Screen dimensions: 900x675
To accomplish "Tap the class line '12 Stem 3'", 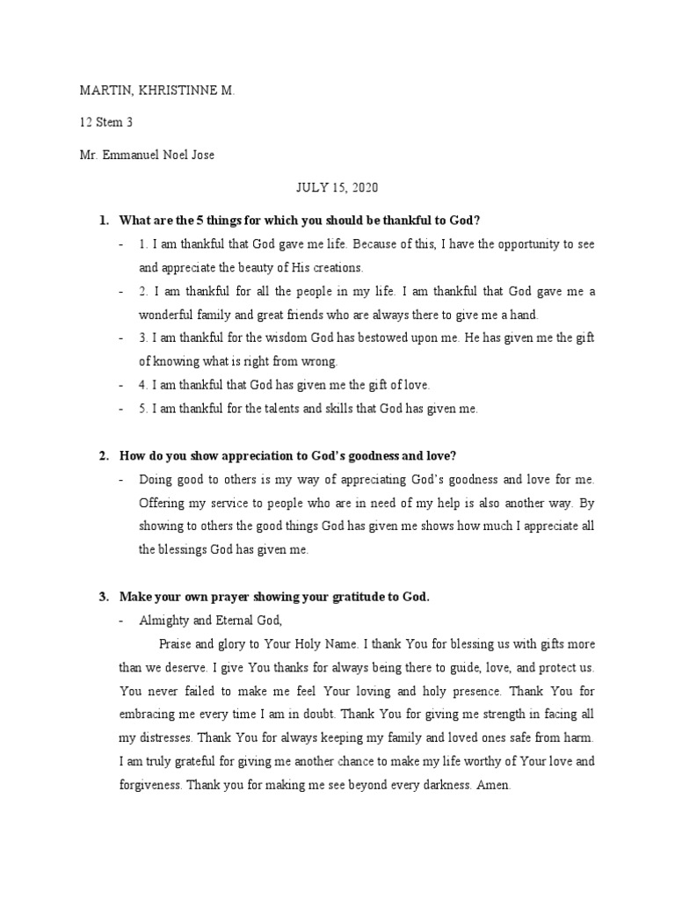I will coord(106,123).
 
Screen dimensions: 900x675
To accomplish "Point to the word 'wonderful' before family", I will coord(167,315).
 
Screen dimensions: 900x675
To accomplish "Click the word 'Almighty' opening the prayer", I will coord(163,620).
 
